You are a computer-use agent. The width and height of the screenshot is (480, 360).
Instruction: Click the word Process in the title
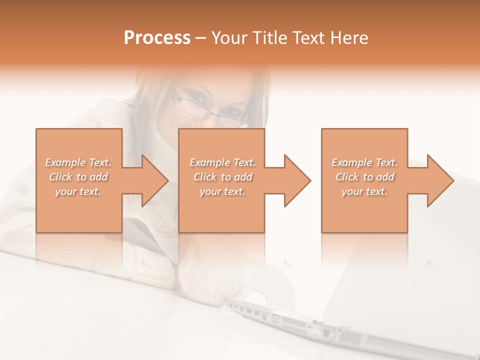pos(157,37)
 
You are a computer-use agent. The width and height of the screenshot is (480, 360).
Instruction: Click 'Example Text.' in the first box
pos(78,162)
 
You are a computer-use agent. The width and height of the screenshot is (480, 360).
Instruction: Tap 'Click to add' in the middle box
pos(222,177)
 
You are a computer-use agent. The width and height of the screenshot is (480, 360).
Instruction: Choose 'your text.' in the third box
pos(364,191)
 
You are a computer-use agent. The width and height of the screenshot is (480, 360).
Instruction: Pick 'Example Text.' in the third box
pos(364,162)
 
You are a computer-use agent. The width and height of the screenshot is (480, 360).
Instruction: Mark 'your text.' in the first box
pos(78,191)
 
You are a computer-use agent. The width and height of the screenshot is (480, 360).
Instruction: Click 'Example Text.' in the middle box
pos(222,162)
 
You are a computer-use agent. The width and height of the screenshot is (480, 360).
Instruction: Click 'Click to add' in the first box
pos(78,177)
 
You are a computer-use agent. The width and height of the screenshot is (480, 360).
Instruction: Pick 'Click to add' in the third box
pos(364,177)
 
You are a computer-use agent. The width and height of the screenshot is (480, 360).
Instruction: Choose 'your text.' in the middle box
pos(222,191)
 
